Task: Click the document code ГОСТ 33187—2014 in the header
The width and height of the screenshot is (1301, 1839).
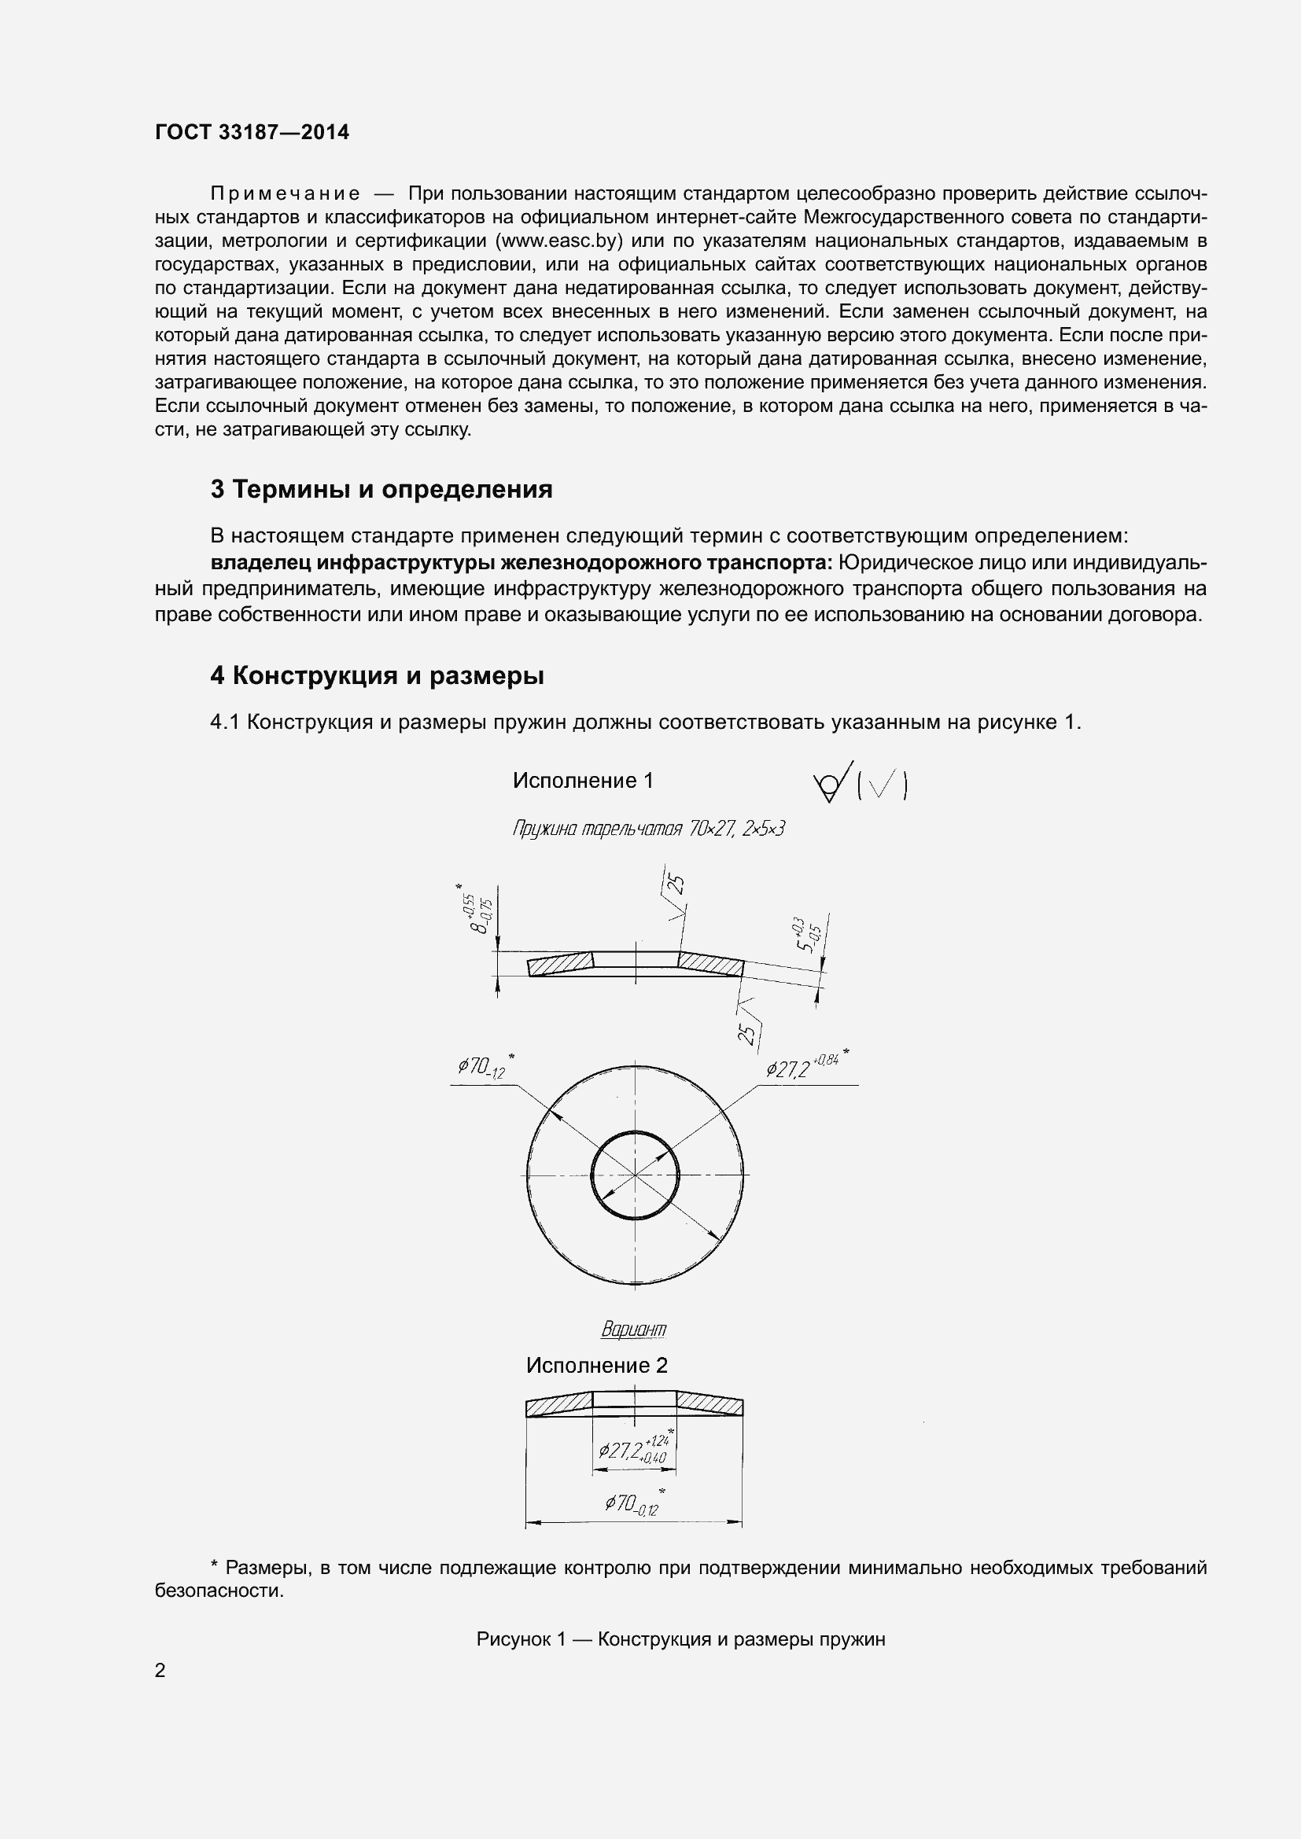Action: pyautogui.click(x=252, y=133)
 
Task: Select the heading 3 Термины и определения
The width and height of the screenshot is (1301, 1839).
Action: pyautogui.click(x=381, y=489)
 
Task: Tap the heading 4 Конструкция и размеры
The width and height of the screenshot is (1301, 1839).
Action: pyautogui.click(x=377, y=676)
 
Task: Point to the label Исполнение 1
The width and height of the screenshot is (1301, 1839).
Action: pyautogui.click(x=582, y=781)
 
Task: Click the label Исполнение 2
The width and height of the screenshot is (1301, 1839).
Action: pyautogui.click(x=596, y=1366)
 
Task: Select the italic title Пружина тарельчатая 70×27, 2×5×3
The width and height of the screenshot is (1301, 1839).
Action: pyautogui.click(x=648, y=829)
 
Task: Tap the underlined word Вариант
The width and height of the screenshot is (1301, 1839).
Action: pyautogui.click(x=633, y=1330)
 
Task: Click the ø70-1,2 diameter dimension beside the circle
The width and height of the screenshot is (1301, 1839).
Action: pyautogui.click(x=483, y=1068)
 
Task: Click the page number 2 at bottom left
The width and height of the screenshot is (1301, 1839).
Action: pyautogui.click(x=160, y=1671)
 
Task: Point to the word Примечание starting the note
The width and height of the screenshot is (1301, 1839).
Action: pyautogui.click(x=285, y=194)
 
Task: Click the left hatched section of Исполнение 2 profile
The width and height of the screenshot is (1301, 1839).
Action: pyautogui.click(x=558, y=1407)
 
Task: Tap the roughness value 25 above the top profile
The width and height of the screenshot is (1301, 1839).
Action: pyautogui.click(x=677, y=886)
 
